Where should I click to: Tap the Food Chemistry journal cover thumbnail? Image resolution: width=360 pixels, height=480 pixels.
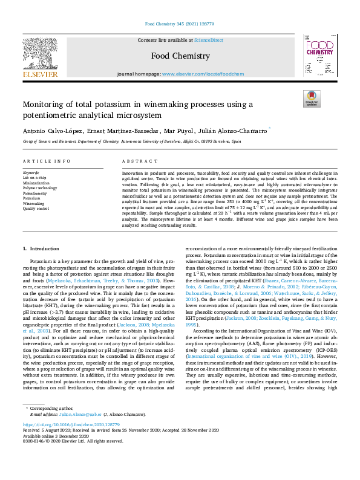pyautogui.click(x=318, y=55)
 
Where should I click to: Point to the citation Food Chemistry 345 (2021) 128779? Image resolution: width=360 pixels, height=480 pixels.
pyautogui.click(x=180, y=25)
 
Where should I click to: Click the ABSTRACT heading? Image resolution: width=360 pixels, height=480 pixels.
pyautogui.click(x=136, y=161)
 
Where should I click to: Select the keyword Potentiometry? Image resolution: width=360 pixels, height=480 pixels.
pyautogui.click(x=35, y=193)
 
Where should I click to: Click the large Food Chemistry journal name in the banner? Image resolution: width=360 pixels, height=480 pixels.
pyautogui.click(x=180, y=56)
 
